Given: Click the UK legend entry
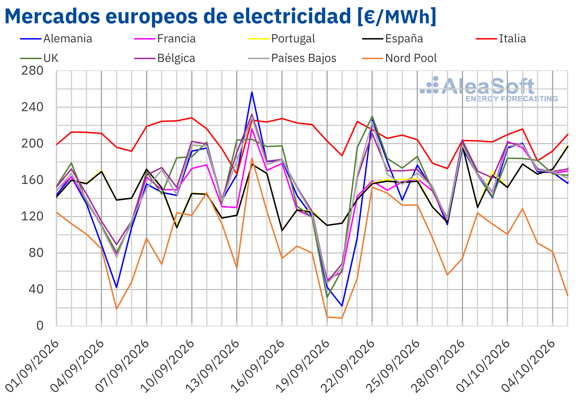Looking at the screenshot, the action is click(39, 58).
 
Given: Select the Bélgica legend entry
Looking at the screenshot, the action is click(165, 58).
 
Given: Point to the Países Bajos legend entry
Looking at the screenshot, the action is click(292, 58).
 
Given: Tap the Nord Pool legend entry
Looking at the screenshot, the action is click(399, 58).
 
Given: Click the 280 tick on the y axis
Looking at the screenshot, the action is click(32, 71).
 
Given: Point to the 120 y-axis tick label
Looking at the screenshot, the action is click(32, 217).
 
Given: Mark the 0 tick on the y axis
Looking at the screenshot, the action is click(40, 326).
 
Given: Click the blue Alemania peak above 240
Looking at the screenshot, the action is click(252, 92).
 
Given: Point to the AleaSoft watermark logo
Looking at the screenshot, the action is click(489, 89).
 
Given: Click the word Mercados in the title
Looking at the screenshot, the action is click(52, 16).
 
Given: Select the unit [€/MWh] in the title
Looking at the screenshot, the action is click(397, 17).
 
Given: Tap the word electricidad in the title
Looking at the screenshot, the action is click(292, 16).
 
